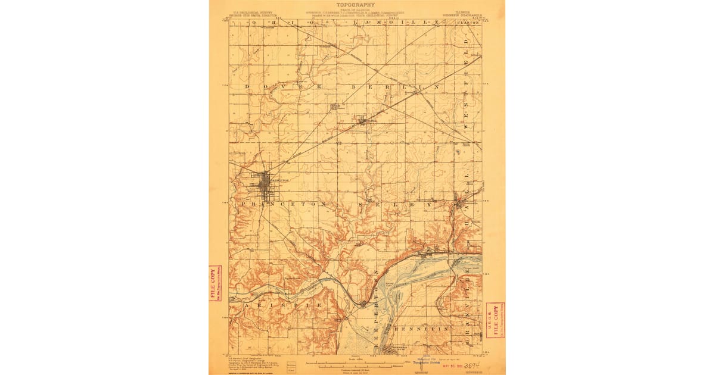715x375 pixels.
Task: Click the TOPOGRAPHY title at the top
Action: [x=356, y=5]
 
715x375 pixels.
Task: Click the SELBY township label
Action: [x=394, y=204]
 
